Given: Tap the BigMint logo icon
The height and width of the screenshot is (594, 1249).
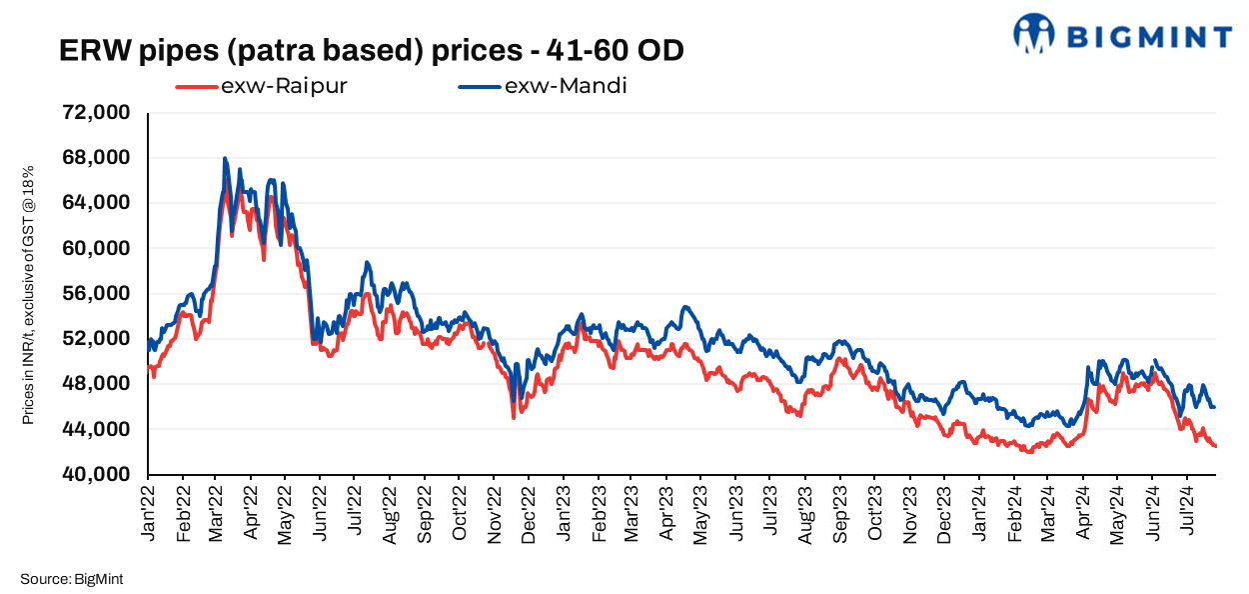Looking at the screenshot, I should [x=1034, y=33].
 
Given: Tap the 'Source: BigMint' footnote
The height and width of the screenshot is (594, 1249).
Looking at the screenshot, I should [x=70, y=578].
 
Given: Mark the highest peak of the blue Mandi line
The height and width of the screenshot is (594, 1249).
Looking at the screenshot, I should [x=225, y=158].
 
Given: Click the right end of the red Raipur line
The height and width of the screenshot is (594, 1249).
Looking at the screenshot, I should [x=1215, y=446].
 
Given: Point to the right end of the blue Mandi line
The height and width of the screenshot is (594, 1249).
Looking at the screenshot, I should [x=1214, y=407].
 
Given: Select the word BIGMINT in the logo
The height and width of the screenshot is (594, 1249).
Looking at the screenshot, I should [x=1149, y=37].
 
